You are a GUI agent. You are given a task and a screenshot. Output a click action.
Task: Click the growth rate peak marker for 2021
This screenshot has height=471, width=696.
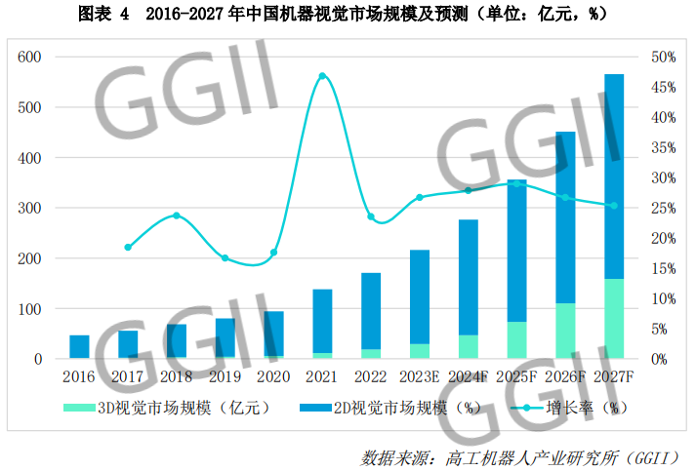(x=322, y=76)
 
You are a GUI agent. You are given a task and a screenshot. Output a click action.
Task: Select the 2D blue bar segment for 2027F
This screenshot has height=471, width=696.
(x=614, y=176)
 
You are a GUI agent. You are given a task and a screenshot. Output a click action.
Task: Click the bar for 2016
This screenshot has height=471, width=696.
(x=79, y=347)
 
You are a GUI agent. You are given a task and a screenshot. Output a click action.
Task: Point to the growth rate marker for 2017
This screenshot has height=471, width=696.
(x=128, y=247)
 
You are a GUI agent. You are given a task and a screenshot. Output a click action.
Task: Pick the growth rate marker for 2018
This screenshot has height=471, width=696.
(x=177, y=215)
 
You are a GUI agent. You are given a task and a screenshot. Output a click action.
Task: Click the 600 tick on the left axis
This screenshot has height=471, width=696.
(x=30, y=57)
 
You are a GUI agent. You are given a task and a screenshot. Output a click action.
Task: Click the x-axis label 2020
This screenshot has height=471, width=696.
(x=273, y=375)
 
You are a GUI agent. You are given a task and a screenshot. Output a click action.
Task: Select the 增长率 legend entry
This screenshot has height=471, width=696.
(x=566, y=406)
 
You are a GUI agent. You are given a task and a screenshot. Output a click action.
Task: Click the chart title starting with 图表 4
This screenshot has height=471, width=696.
(x=348, y=14)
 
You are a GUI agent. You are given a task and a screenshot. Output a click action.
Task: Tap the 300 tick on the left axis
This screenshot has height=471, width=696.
(x=30, y=208)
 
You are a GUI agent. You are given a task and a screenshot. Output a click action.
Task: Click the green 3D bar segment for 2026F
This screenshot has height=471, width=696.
(x=565, y=330)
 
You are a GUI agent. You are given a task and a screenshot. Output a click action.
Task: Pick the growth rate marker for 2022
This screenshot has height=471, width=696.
(x=371, y=216)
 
